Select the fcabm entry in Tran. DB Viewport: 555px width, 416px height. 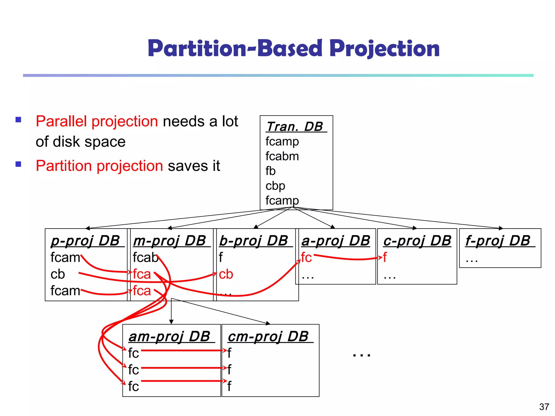[x=282, y=156]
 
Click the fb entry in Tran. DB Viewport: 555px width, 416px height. [x=270, y=171]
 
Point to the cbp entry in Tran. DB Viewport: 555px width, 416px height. [x=275, y=186]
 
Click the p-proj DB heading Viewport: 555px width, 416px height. [x=85, y=241]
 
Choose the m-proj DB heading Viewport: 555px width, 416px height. [x=170, y=241]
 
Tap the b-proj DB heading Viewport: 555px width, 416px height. [x=253, y=241]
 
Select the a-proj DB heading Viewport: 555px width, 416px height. [x=336, y=241]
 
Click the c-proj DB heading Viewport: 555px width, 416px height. [x=417, y=241]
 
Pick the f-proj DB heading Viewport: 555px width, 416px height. [x=498, y=241]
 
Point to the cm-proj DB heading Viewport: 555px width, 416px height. [x=268, y=337]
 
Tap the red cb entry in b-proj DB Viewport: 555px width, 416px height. [x=226, y=274]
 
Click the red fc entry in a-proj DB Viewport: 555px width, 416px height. [x=306, y=257]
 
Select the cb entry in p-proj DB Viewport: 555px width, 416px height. [x=58, y=274]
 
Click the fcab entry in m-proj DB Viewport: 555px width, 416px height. [x=146, y=257]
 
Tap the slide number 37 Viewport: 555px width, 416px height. [x=544, y=407]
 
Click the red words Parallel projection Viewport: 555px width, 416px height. [x=97, y=121]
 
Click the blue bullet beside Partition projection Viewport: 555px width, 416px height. [x=18, y=164]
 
